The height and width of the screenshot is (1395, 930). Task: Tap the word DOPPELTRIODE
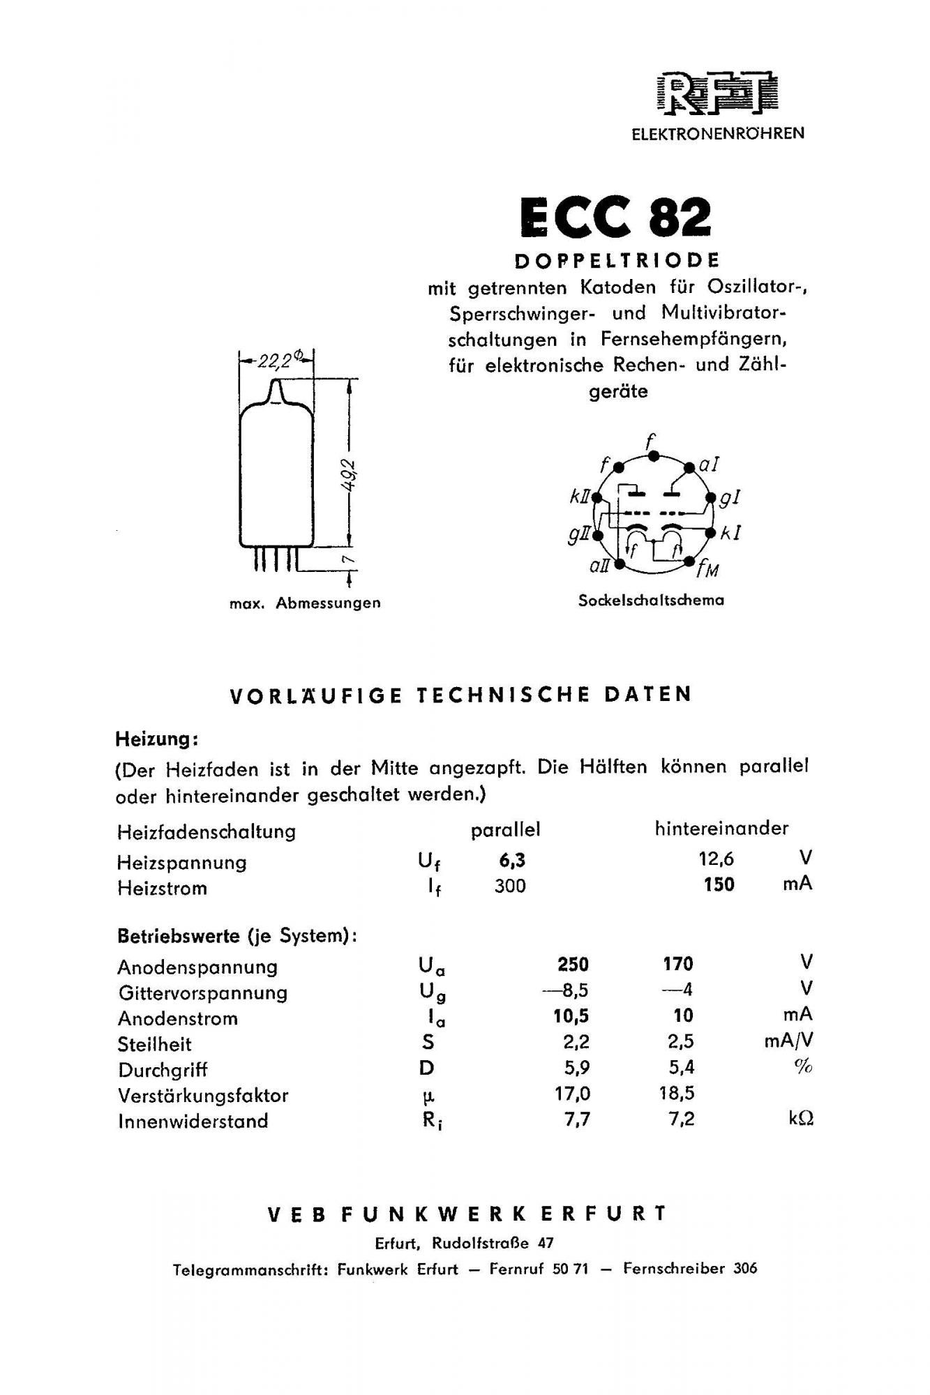point(617,261)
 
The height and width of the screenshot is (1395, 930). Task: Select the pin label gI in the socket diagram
point(730,497)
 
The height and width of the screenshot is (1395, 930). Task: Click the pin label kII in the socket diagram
point(579,497)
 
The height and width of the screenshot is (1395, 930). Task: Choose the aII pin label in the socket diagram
point(599,566)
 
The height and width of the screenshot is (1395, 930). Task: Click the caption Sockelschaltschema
point(650,600)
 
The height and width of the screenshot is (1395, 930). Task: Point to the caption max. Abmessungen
point(305,603)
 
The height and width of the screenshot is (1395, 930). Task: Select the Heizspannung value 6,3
point(511,861)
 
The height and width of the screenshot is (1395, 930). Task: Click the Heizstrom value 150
point(719,884)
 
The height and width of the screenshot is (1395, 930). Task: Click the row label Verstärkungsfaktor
point(203,1095)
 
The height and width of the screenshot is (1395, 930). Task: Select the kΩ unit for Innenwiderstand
point(801,1119)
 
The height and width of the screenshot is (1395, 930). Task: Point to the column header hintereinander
point(721,828)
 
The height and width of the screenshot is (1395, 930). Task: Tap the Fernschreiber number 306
point(745,1268)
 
